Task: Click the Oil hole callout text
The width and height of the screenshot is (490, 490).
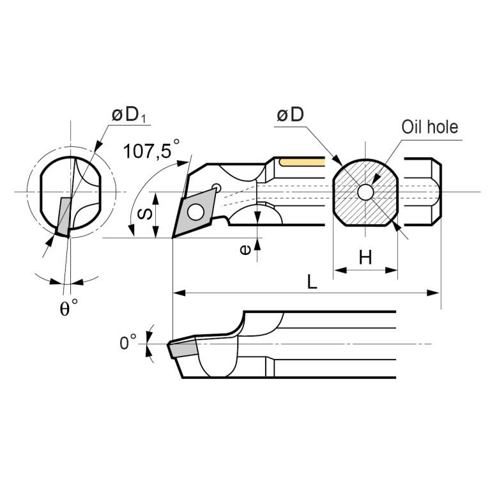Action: pos(429,126)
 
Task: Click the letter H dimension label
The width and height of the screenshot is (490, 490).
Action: pos(365,257)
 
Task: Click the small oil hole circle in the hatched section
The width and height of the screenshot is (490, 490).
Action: pos(365,192)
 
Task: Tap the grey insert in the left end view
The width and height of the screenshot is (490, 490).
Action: pos(63,216)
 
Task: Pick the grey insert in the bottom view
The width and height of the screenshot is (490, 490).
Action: pos(184,349)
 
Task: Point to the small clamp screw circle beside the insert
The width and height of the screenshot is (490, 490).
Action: pos(217,187)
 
